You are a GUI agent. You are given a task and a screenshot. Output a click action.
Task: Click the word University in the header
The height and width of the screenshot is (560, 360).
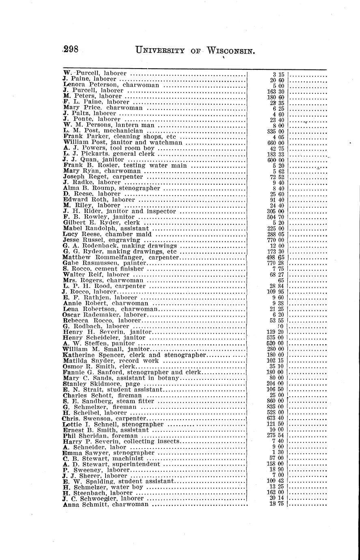(160, 51)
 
